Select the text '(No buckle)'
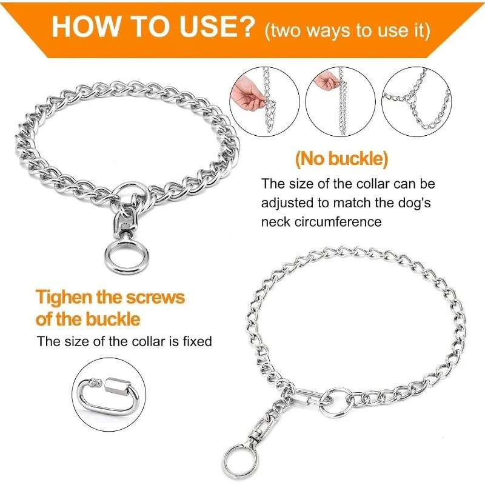(341, 159)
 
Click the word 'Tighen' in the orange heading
(64, 298)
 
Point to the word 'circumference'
(338, 222)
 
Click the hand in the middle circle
(326, 80)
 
